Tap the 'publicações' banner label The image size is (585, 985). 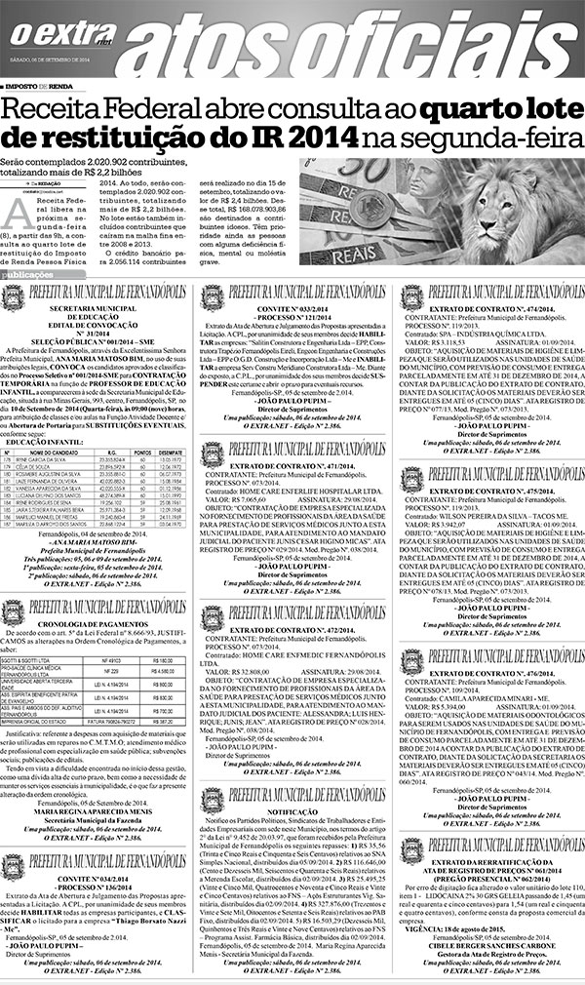(28, 276)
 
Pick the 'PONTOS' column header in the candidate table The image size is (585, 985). (142, 452)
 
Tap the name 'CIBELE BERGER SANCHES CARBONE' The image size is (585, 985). (487, 944)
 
